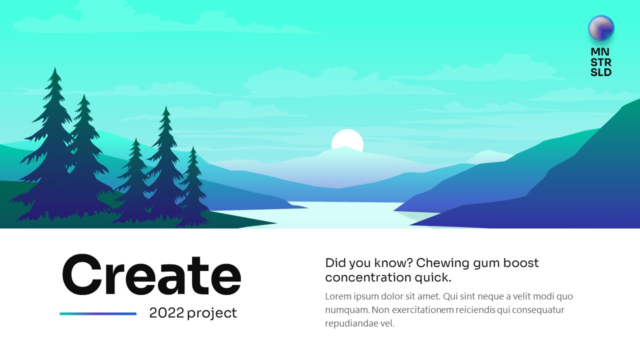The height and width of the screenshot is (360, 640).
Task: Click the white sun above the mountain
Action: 347,139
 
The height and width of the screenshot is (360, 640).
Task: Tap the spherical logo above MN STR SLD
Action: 601,28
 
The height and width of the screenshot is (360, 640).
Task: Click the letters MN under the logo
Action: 600,52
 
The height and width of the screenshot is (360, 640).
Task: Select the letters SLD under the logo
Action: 601,72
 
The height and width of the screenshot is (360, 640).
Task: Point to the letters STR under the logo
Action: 601,62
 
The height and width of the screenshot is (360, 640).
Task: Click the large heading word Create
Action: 151,274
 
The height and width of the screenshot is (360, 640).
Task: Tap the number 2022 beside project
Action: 166,313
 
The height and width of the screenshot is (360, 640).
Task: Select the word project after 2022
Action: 212,313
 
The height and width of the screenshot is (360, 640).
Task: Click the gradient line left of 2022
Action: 98,313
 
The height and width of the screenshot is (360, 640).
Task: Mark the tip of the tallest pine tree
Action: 55,67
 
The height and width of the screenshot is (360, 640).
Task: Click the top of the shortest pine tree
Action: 193,147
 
